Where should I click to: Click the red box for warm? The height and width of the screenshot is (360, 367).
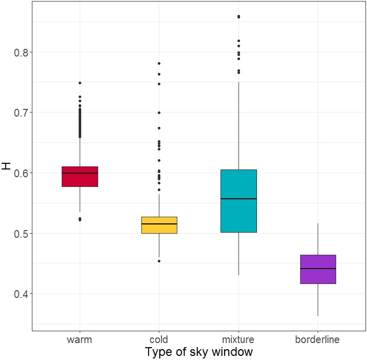click(80, 177)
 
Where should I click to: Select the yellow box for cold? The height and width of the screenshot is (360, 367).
click(159, 225)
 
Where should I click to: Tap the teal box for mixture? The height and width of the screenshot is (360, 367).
click(238, 201)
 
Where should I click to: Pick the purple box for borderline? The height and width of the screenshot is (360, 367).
click(318, 269)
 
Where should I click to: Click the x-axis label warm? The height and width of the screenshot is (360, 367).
click(80, 339)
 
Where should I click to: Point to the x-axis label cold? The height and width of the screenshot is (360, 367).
click(159, 339)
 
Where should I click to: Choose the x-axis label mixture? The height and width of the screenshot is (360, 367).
click(238, 339)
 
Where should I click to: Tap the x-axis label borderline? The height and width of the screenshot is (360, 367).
click(318, 339)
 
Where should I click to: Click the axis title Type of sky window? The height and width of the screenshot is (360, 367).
click(199, 352)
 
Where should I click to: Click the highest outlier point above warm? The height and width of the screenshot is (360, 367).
click(80, 83)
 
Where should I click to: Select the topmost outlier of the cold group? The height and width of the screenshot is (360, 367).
click(159, 63)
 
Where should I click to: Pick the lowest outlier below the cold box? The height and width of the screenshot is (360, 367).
click(159, 261)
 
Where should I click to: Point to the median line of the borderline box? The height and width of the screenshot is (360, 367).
click(318, 269)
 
